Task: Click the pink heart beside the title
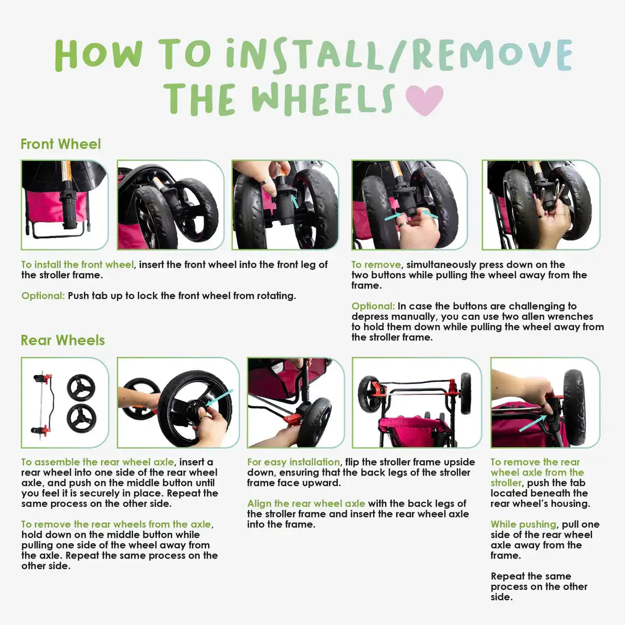coord(424,99)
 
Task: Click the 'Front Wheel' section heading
coord(61,144)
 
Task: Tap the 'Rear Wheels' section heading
coord(63,340)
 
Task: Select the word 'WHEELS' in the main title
coord(323,99)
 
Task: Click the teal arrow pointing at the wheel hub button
coord(219,398)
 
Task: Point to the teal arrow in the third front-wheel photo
coord(294,201)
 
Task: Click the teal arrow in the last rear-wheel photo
coord(533,423)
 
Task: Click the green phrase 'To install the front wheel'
coord(77,265)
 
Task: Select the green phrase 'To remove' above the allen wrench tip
coord(376,265)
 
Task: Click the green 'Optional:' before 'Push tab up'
coord(43,296)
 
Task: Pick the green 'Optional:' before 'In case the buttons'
coord(373,306)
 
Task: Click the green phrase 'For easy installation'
coord(293,462)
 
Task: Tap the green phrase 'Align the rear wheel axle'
coord(306,503)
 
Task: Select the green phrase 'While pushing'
coord(523,524)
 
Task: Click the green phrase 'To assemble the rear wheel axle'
coord(98,462)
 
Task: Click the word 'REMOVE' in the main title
coord(492,55)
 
